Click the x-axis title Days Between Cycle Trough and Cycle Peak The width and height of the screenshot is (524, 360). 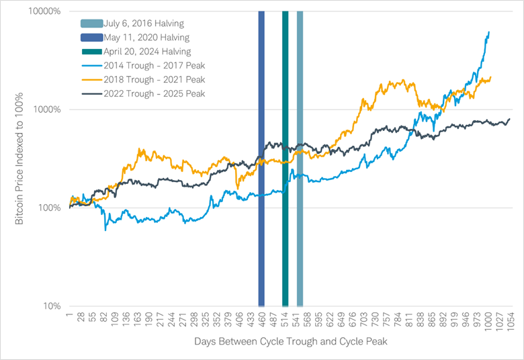[290, 341]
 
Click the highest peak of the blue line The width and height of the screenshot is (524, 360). [488, 32]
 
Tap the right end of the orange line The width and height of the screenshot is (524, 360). [491, 77]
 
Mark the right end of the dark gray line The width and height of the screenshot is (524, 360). [510, 119]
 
